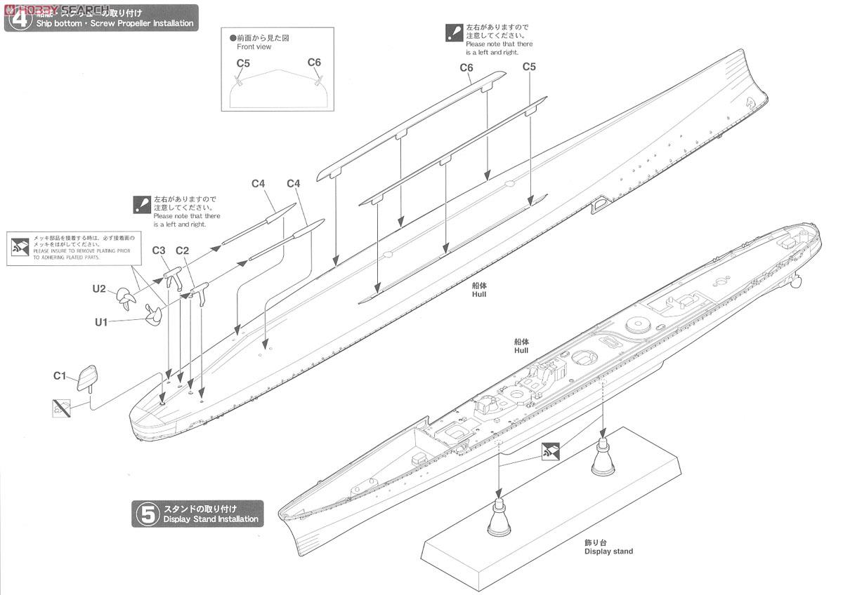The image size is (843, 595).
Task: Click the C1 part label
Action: tap(60, 375)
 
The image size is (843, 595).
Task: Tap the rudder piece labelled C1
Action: tap(88, 377)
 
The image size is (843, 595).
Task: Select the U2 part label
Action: tap(99, 288)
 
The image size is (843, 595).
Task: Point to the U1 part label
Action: tap(102, 322)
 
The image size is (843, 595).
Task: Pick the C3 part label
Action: tap(159, 250)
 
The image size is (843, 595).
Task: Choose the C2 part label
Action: tap(183, 250)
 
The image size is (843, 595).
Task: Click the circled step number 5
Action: tap(148, 514)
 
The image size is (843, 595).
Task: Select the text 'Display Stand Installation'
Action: tap(211, 519)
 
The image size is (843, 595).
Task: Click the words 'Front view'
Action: tap(254, 47)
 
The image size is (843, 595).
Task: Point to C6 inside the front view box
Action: tap(314, 62)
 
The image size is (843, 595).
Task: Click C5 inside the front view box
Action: tap(243, 63)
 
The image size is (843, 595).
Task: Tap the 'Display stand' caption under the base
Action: tap(608, 551)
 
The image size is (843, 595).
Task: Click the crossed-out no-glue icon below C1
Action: tap(61, 407)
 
